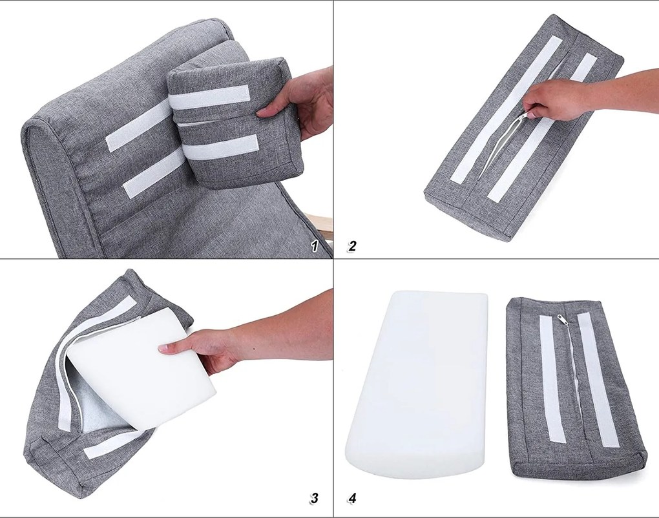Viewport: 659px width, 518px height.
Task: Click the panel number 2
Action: click(x=352, y=245)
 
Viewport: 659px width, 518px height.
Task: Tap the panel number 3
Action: click(x=313, y=498)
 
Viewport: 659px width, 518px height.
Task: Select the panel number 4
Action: click(x=352, y=498)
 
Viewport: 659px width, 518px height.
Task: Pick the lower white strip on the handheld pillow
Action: click(x=222, y=148)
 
